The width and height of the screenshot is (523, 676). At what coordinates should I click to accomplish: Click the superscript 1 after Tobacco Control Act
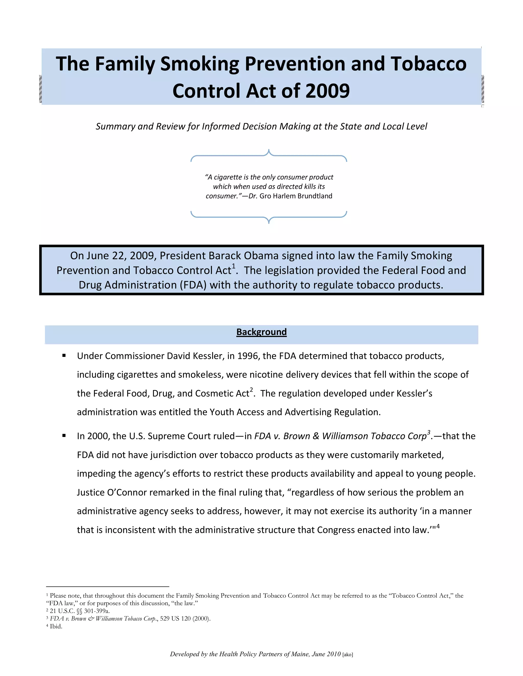[x=234, y=266]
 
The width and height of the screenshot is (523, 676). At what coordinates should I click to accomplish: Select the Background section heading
[x=261, y=332]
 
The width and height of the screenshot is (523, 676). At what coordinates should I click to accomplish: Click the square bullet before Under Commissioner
[x=64, y=356]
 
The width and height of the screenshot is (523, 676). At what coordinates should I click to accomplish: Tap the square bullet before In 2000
[x=64, y=436]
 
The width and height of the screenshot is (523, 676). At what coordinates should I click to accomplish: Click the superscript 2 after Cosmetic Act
[x=251, y=390]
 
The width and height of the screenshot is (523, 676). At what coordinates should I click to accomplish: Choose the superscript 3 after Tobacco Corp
[x=429, y=432]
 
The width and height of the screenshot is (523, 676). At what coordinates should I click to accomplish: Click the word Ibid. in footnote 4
[x=56, y=627]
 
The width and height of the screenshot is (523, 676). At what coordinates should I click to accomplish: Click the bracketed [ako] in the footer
[x=348, y=655]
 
